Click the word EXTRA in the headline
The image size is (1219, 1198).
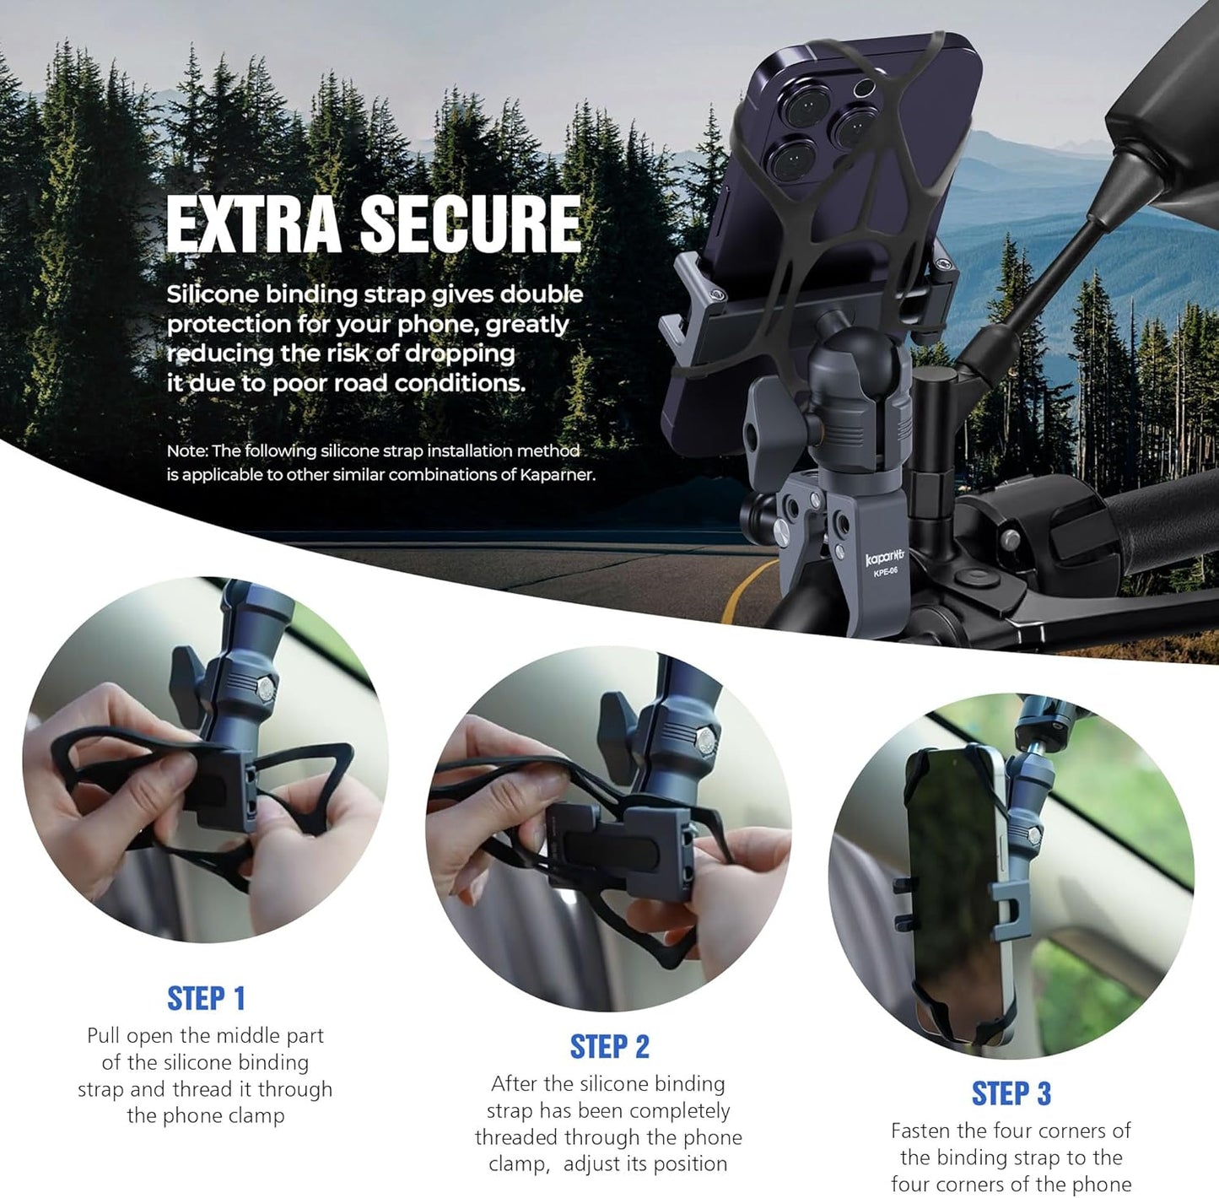click(253, 224)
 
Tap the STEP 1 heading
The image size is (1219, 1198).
click(206, 998)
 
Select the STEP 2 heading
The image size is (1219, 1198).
click(609, 1047)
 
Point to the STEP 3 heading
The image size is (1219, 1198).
click(1011, 1093)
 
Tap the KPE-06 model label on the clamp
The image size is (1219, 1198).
click(886, 572)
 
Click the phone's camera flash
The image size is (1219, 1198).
click(863, 88)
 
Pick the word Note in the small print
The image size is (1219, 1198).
click(185, 451)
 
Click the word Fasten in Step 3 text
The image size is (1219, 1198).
click(920, 1131)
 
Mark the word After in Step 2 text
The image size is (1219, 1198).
click(514, 1084)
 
